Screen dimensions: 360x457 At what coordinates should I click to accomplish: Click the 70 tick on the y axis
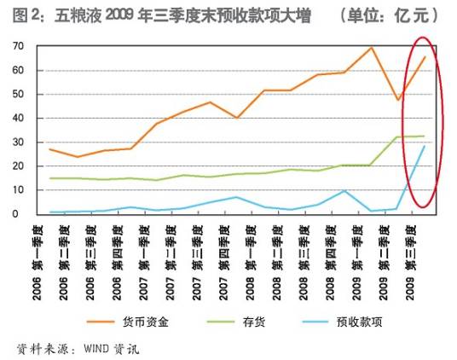point(17,45)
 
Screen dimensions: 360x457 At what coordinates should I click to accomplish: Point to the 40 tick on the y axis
point(17,118)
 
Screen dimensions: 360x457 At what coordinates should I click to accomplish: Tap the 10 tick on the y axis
point(17,190)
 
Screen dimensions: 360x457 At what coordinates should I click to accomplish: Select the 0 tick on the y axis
point(20,214)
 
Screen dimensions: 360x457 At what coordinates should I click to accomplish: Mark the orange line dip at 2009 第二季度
point(398,100)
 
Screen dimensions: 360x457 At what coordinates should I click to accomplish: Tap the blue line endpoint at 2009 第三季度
point(425,146)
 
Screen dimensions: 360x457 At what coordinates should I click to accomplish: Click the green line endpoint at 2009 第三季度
point(425,136)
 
